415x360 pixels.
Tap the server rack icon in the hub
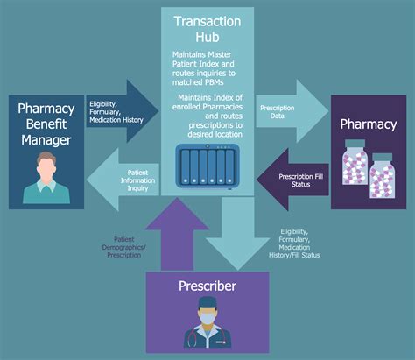[207, 166]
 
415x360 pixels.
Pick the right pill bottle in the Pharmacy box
[383, 180]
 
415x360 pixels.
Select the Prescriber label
[207, 286]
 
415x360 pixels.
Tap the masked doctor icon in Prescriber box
[207, 320]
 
